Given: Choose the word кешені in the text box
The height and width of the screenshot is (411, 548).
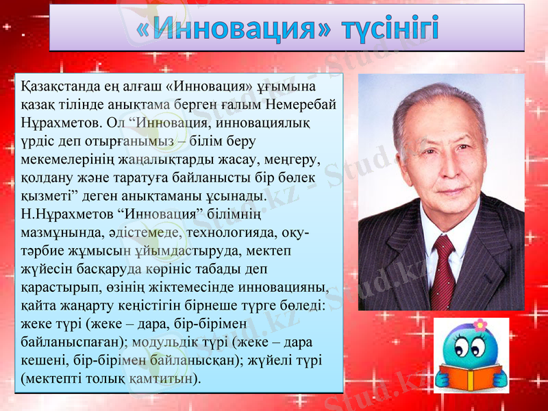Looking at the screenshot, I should (42, 359).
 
